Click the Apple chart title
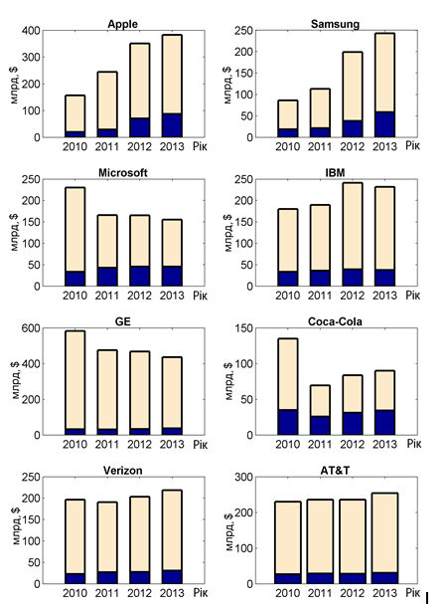coord(122,24)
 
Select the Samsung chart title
coord(335,24)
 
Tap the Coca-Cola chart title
coord(335,321)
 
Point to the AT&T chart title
coord(335,471)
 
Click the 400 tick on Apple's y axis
coord(32,30)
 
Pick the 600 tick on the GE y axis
coord(32,328)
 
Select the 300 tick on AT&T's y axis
coord(244,477)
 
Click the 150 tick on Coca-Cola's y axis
coord(244,328)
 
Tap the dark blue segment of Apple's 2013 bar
coord(172,125)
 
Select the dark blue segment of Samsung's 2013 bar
coord(384,124)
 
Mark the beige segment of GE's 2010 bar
coord(75,380)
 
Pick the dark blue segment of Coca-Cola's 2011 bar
coord(320,425)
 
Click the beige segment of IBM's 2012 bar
coord(353,226)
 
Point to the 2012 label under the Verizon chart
coord(139,593)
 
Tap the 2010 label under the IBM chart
coord(287,296)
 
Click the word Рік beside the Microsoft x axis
coord(201,296)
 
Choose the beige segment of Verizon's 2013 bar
coord(172,530)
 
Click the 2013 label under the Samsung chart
coord(384,146)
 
